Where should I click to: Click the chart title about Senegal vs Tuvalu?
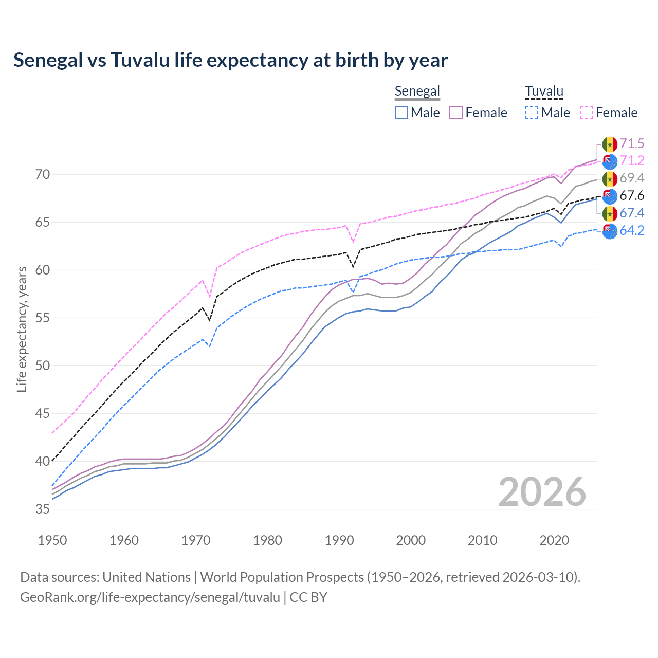[230, 60]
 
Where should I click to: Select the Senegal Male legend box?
[401, 113]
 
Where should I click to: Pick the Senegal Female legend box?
[456, 113]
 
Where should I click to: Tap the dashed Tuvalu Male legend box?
[532, 113]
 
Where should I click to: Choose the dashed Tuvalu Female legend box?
[587, 113]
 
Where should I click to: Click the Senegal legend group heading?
[417, 92]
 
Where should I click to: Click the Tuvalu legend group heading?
[544, 92]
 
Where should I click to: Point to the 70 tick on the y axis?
[43, 175]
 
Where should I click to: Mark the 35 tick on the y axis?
[43, 509]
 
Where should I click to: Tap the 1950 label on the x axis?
[52, 540]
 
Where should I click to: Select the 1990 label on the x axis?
[339, 540]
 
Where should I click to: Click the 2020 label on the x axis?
[554, 540]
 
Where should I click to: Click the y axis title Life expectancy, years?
[22, 329]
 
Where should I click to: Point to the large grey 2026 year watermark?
[542, 492]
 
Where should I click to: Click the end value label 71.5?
[632, 143]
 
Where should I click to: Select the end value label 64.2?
[632, 230]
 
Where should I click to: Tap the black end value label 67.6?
[632, 196]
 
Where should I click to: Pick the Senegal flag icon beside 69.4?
[610, 179]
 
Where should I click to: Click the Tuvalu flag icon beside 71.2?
[610, 161]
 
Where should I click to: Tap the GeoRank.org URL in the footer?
[150, 597]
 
